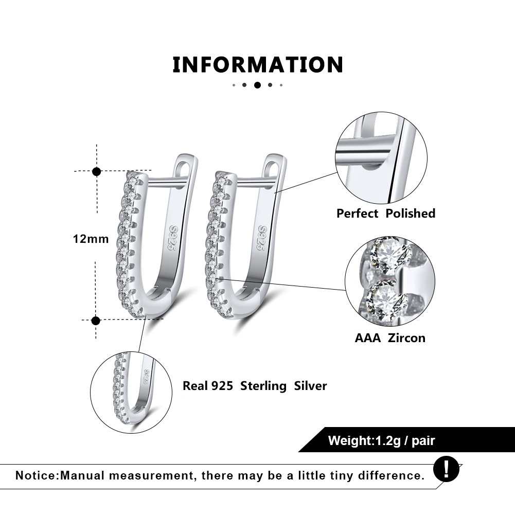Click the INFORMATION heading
click(x=258, y=64)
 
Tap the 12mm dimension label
click(x=91, y=239)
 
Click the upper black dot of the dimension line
click(x=97, y=171)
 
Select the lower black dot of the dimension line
click(x=96, y=320)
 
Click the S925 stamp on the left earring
click(x=173, y=238)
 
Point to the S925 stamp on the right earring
click(x=262, y=238)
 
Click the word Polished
click(x=410, y=214)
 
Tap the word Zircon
click(x=406, y=338)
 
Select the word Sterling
click(x=263, y=386)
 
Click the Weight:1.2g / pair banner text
click(x=381, y=440)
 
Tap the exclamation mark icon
click(x=446, y=469)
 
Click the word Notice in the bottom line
click(x=37, y=475)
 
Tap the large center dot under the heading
click(x=257, y=85)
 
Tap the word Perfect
click(x=358, y=214)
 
